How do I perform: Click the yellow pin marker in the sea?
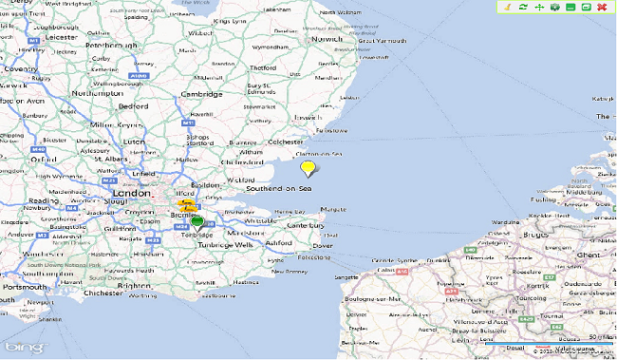tap(308, 168)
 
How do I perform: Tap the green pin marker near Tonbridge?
tap(197, 222)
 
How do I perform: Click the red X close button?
tap(602, 8)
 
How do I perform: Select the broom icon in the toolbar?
tap(508, 8)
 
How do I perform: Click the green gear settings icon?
tap(554, 8)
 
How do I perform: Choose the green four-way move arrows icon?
tap(538, 8)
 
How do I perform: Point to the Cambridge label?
tap(202, 94)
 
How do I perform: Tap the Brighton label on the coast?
tap(133, 285)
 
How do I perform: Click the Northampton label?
tap(96, 93)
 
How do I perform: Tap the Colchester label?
tap(285, 142)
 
